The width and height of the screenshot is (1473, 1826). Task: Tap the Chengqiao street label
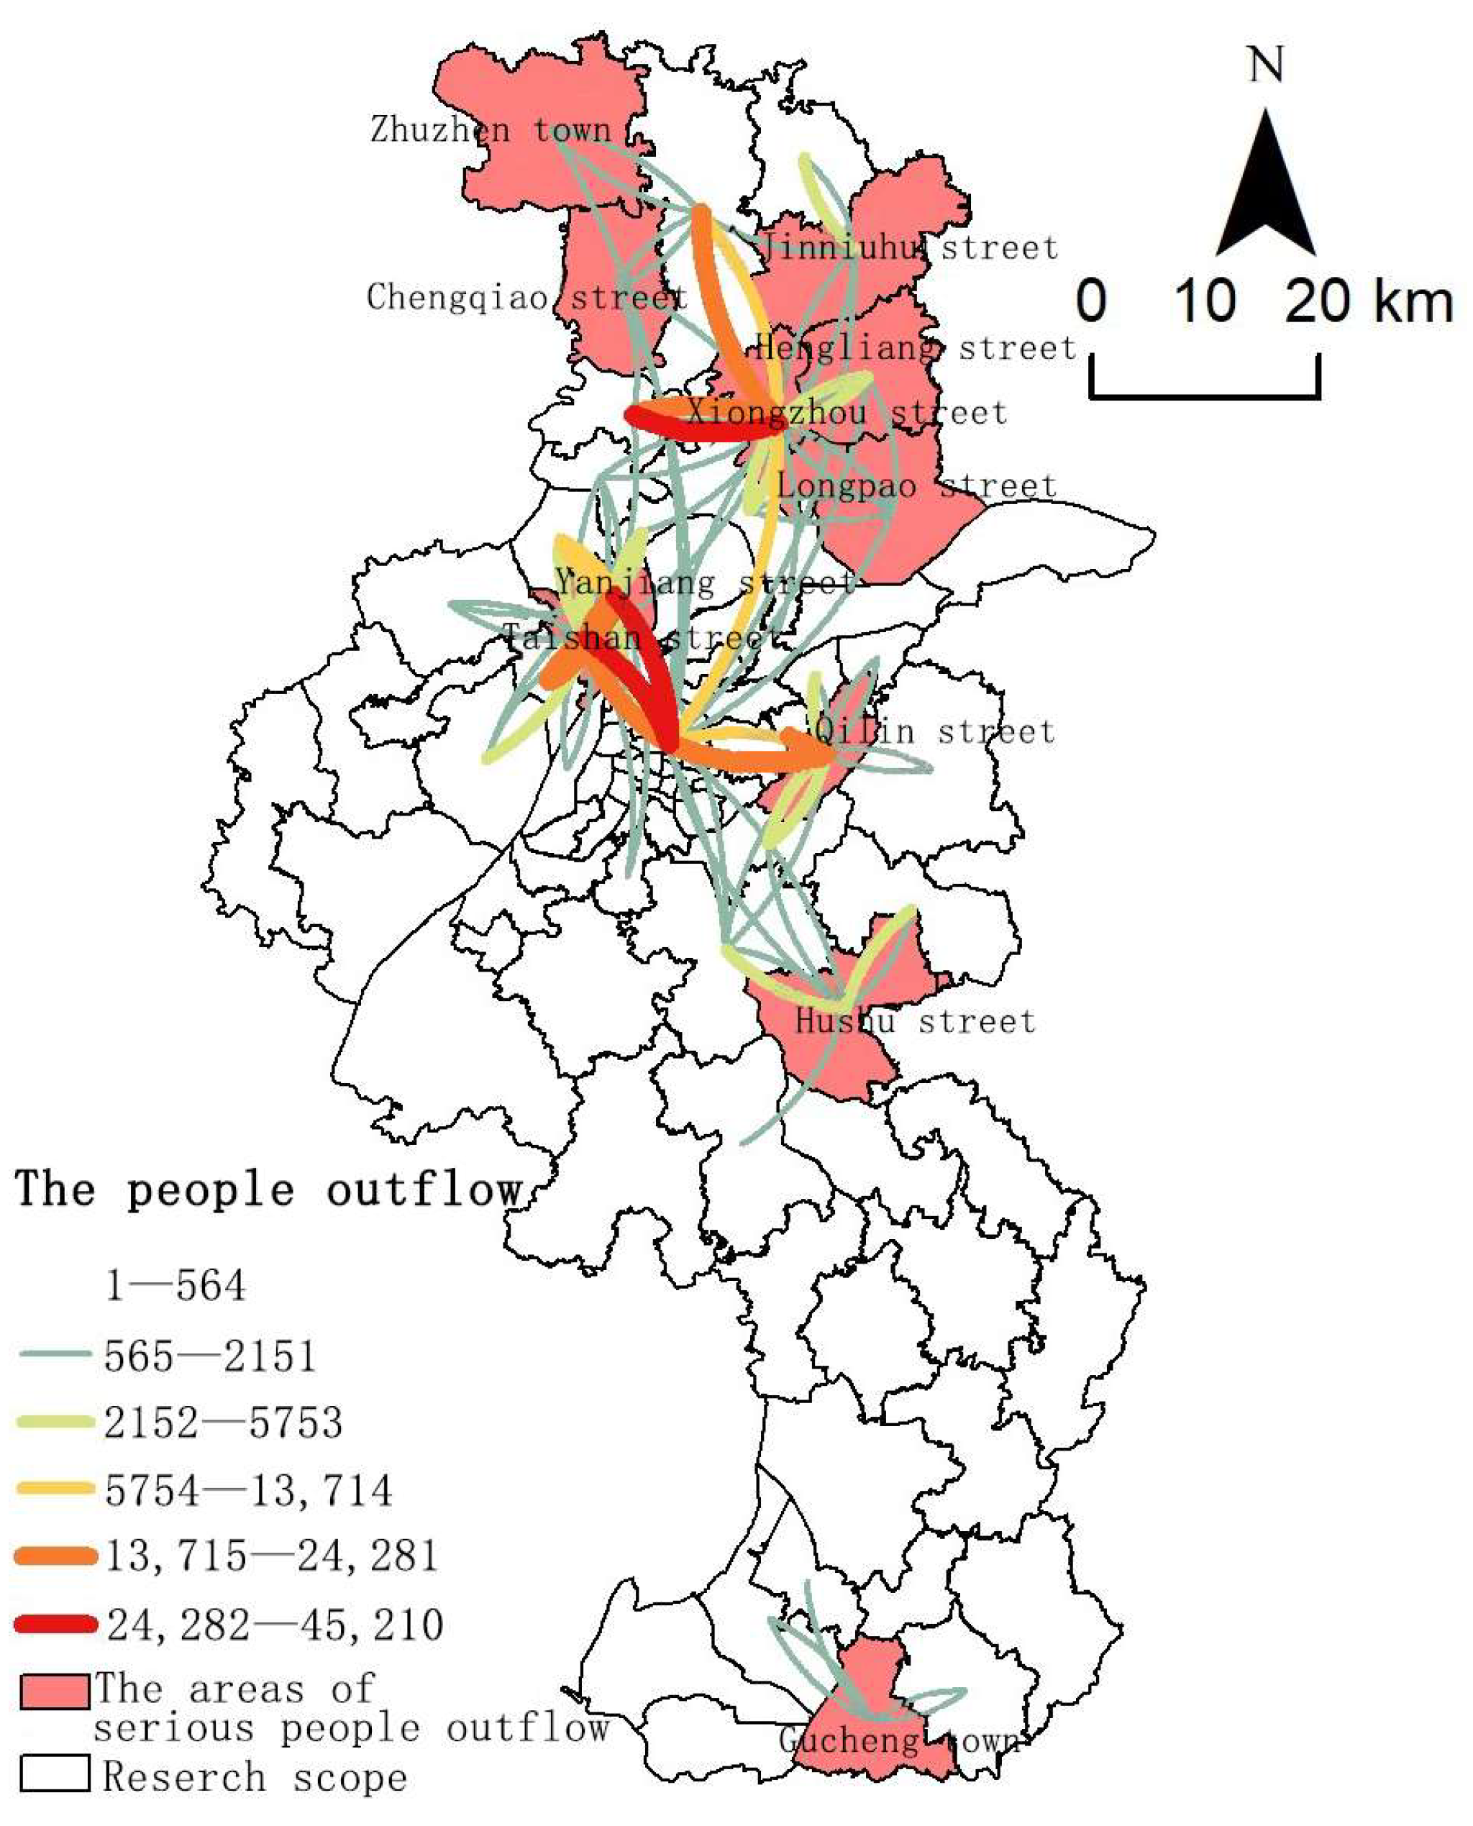pos(526,297)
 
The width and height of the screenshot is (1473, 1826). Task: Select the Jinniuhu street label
pos(907,248)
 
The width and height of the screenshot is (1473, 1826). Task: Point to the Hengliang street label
pos(915,348)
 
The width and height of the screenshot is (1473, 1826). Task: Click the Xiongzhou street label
pos(846,414)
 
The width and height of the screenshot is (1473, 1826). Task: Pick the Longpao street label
pos(916,486)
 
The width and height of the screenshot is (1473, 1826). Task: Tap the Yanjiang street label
pos(704,582)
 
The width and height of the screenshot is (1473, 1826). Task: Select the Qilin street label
pos(934,731)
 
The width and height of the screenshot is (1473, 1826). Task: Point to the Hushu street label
pos(915,1021)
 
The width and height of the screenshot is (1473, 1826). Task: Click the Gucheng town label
pos(900,1741)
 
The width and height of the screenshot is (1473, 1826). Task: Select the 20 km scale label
pos(1369,301)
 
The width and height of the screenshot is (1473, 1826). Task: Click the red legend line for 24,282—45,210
pos(56,1624)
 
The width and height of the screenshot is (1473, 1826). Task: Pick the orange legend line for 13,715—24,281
pos(56,1556)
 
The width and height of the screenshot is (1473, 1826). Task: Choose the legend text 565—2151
pos(209,1355)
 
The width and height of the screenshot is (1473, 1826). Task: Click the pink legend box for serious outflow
pos(55,1691)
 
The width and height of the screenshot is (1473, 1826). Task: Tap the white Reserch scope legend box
pos(55,1773)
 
